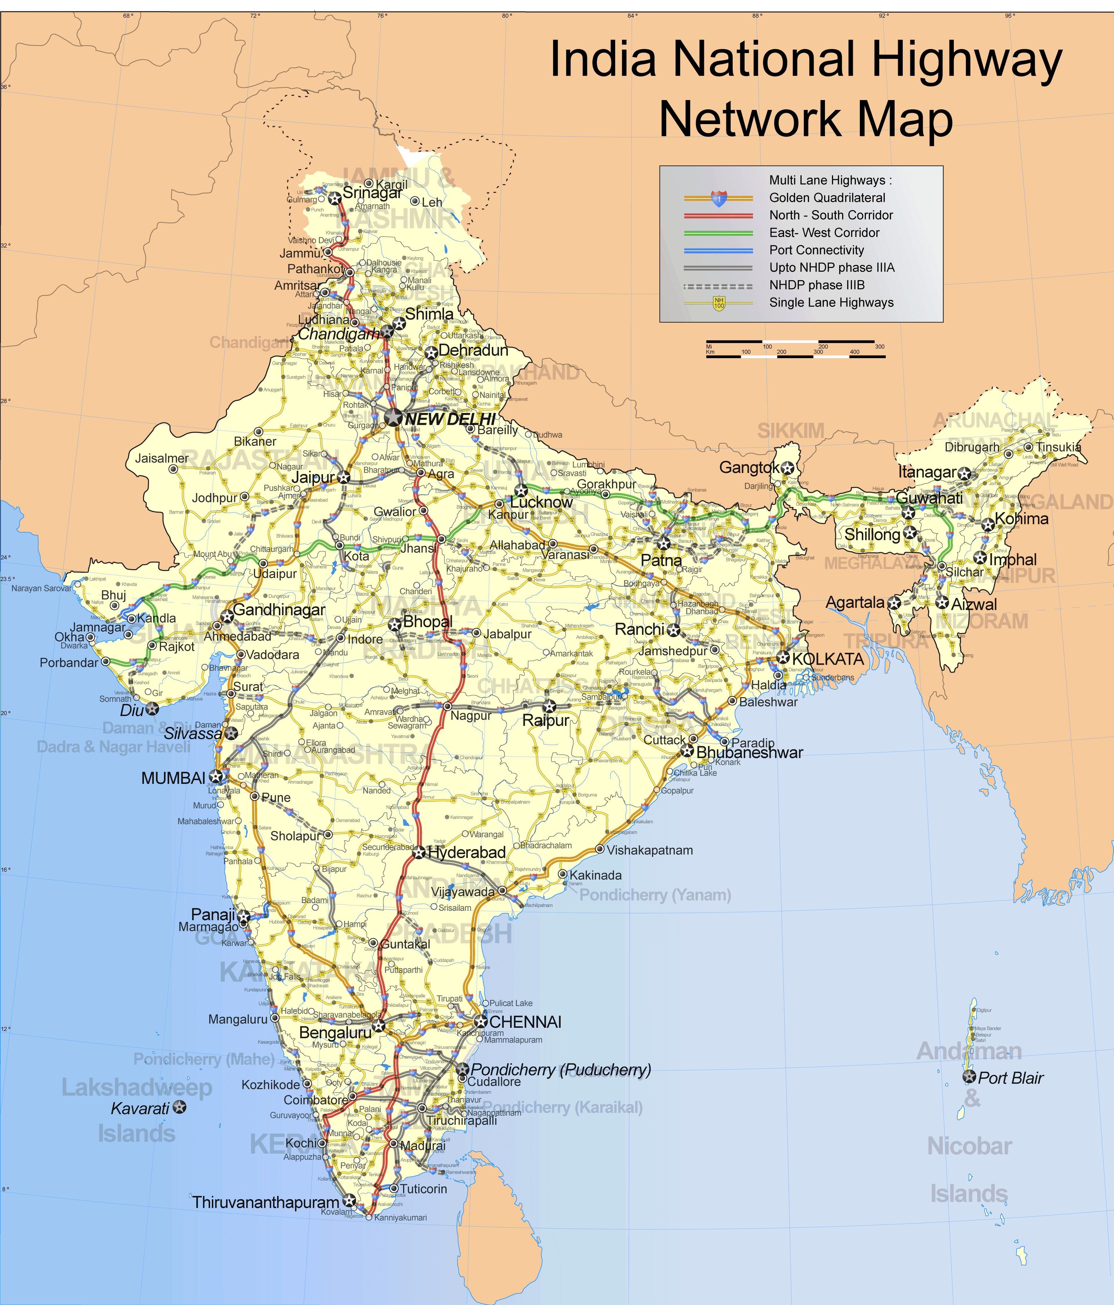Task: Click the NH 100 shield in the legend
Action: [x=719, y=303]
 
